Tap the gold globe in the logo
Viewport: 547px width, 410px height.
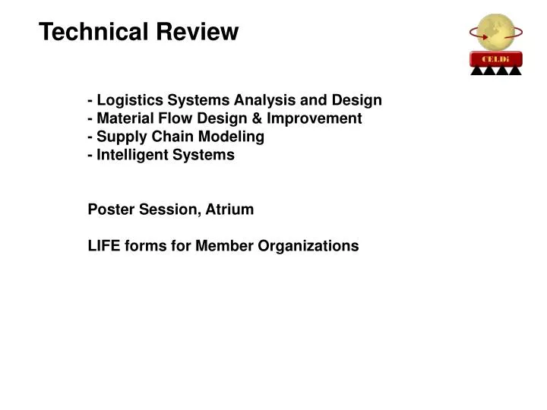(x=495, y=31)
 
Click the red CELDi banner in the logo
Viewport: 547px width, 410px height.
(x=495, y=59)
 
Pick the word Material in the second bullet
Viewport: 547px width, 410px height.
(x=125, y=118)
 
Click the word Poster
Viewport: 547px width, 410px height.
(x=109, y=210)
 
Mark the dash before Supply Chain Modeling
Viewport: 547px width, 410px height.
(x=91, y=137)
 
